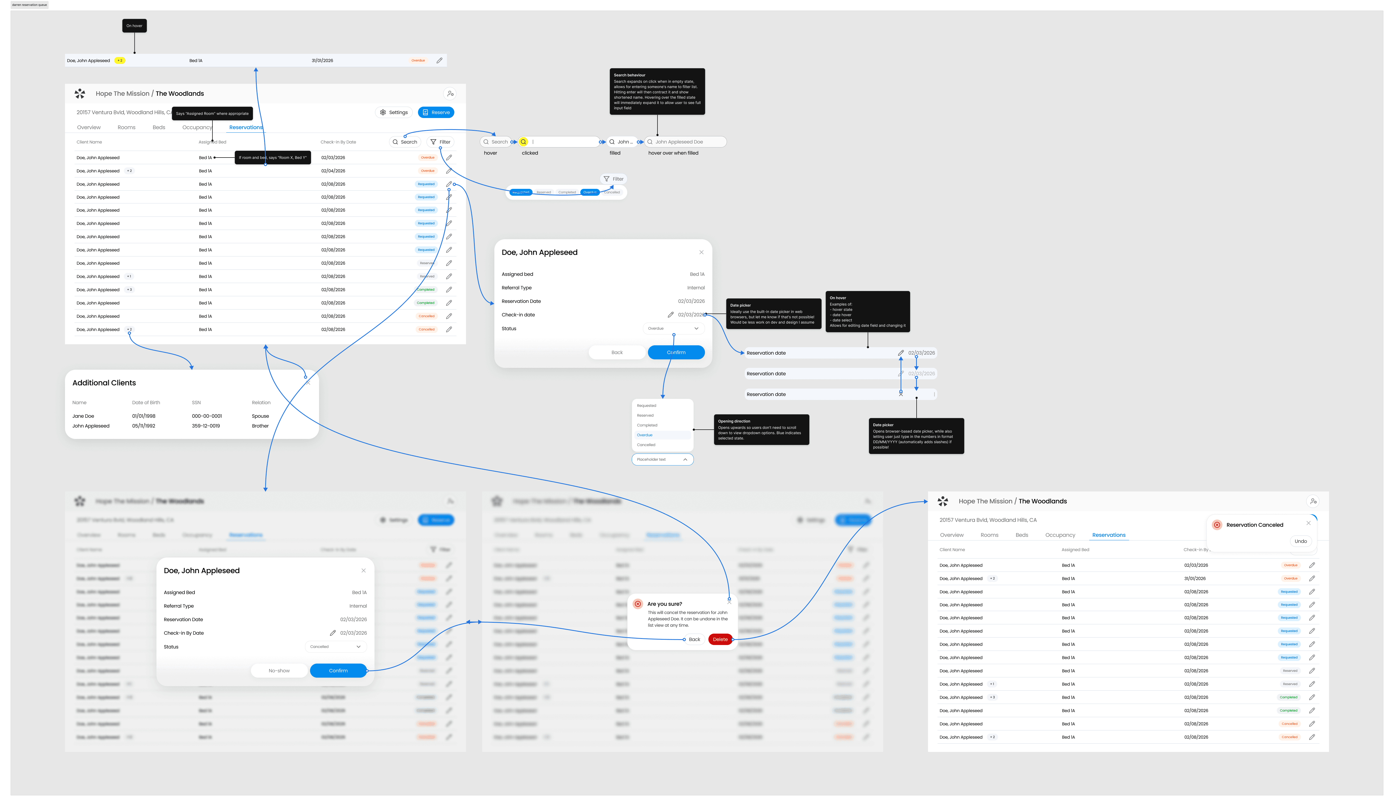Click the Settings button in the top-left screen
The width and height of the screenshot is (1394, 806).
[394, 112]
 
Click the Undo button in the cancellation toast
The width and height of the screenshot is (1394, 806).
[1301, 541]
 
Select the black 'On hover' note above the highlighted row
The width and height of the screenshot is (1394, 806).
[134, 25]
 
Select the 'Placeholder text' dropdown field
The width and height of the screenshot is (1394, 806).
[662, 459]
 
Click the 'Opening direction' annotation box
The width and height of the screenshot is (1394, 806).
[761, 429]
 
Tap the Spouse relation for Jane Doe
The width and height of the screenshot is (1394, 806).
[260, 416]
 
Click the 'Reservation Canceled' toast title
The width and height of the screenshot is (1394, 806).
[1254, 525]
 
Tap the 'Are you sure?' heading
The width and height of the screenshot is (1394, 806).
[664, 604]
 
